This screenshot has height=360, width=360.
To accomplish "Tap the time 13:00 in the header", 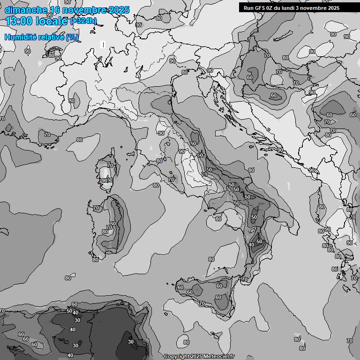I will [19, 21].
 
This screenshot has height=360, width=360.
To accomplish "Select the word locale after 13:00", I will [51, 21].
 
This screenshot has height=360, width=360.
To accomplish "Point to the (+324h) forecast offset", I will [83, 21].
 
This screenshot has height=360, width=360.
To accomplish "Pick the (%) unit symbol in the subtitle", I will [72, 37].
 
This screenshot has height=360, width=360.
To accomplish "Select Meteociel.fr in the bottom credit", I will [219, 357].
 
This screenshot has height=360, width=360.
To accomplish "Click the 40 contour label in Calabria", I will [251, 245].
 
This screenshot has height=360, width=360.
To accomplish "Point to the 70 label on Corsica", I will [110, 165].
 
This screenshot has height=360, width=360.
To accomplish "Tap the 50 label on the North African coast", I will [69, 311].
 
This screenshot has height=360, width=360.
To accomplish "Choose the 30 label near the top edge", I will [138, 25].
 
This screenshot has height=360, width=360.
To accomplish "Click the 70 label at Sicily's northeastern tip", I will [244, 279].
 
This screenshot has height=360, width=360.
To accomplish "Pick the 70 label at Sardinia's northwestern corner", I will [96, 208].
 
